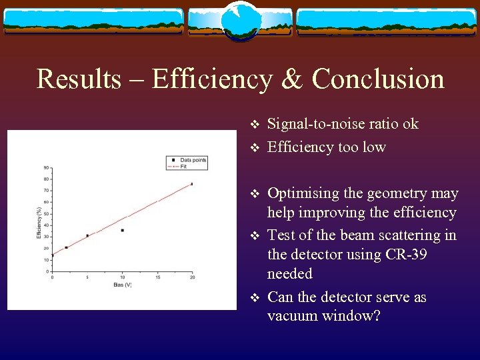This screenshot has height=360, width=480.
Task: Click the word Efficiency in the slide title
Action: [212, 79]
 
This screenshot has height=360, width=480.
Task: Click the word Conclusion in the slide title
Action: [378, 79]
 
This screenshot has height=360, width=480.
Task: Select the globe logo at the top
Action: [239, 21]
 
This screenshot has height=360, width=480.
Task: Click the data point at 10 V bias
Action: [122, 230]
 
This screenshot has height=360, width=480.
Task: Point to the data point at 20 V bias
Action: [192, 184]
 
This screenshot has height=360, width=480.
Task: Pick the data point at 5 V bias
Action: [87, 235]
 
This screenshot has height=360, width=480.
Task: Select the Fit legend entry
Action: [183, 166]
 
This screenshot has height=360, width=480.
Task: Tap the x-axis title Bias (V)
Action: [122, 286]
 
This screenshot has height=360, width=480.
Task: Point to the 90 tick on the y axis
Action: [45, 167]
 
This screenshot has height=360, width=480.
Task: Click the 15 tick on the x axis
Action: [157, 277]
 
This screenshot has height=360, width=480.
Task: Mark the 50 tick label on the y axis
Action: [45, 213]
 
